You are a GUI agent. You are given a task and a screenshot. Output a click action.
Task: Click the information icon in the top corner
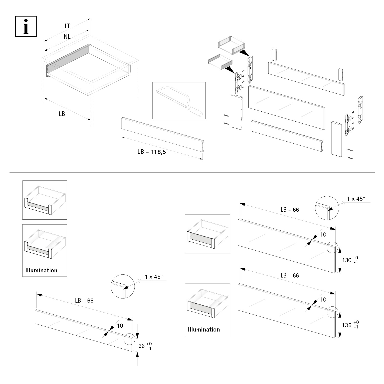[26, 26]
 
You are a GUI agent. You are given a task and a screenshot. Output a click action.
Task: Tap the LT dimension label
[67, 26]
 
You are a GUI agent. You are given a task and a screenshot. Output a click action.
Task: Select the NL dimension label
[67, 37]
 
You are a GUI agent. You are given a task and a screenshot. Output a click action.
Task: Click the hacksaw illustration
[179, 101]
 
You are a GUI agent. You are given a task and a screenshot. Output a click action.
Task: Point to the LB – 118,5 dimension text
[152, 152]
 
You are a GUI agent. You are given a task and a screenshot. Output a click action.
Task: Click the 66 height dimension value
[142, 346]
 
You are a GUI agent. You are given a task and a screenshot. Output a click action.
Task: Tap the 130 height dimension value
[347, 260]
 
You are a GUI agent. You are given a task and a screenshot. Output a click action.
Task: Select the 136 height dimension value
[347, 325]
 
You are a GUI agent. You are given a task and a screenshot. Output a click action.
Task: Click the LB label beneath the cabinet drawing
[62, 114]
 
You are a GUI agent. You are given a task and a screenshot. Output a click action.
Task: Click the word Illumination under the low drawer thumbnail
[41, 270]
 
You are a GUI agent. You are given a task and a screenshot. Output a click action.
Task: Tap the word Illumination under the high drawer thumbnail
[204, 329]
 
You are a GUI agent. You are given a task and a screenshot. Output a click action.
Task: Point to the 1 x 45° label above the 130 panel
[356, 199]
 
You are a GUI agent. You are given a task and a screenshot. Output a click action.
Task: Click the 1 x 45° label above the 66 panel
[154, 277]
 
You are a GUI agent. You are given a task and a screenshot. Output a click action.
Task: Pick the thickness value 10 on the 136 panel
[323, 300]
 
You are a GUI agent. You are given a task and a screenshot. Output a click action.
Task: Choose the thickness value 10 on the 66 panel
[120, 326]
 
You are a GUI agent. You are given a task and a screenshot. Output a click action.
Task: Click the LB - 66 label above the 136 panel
[290, 275]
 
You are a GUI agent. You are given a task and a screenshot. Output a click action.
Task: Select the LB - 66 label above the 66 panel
[84, 301]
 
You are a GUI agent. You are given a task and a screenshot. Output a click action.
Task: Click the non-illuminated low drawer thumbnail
[45, 200]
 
